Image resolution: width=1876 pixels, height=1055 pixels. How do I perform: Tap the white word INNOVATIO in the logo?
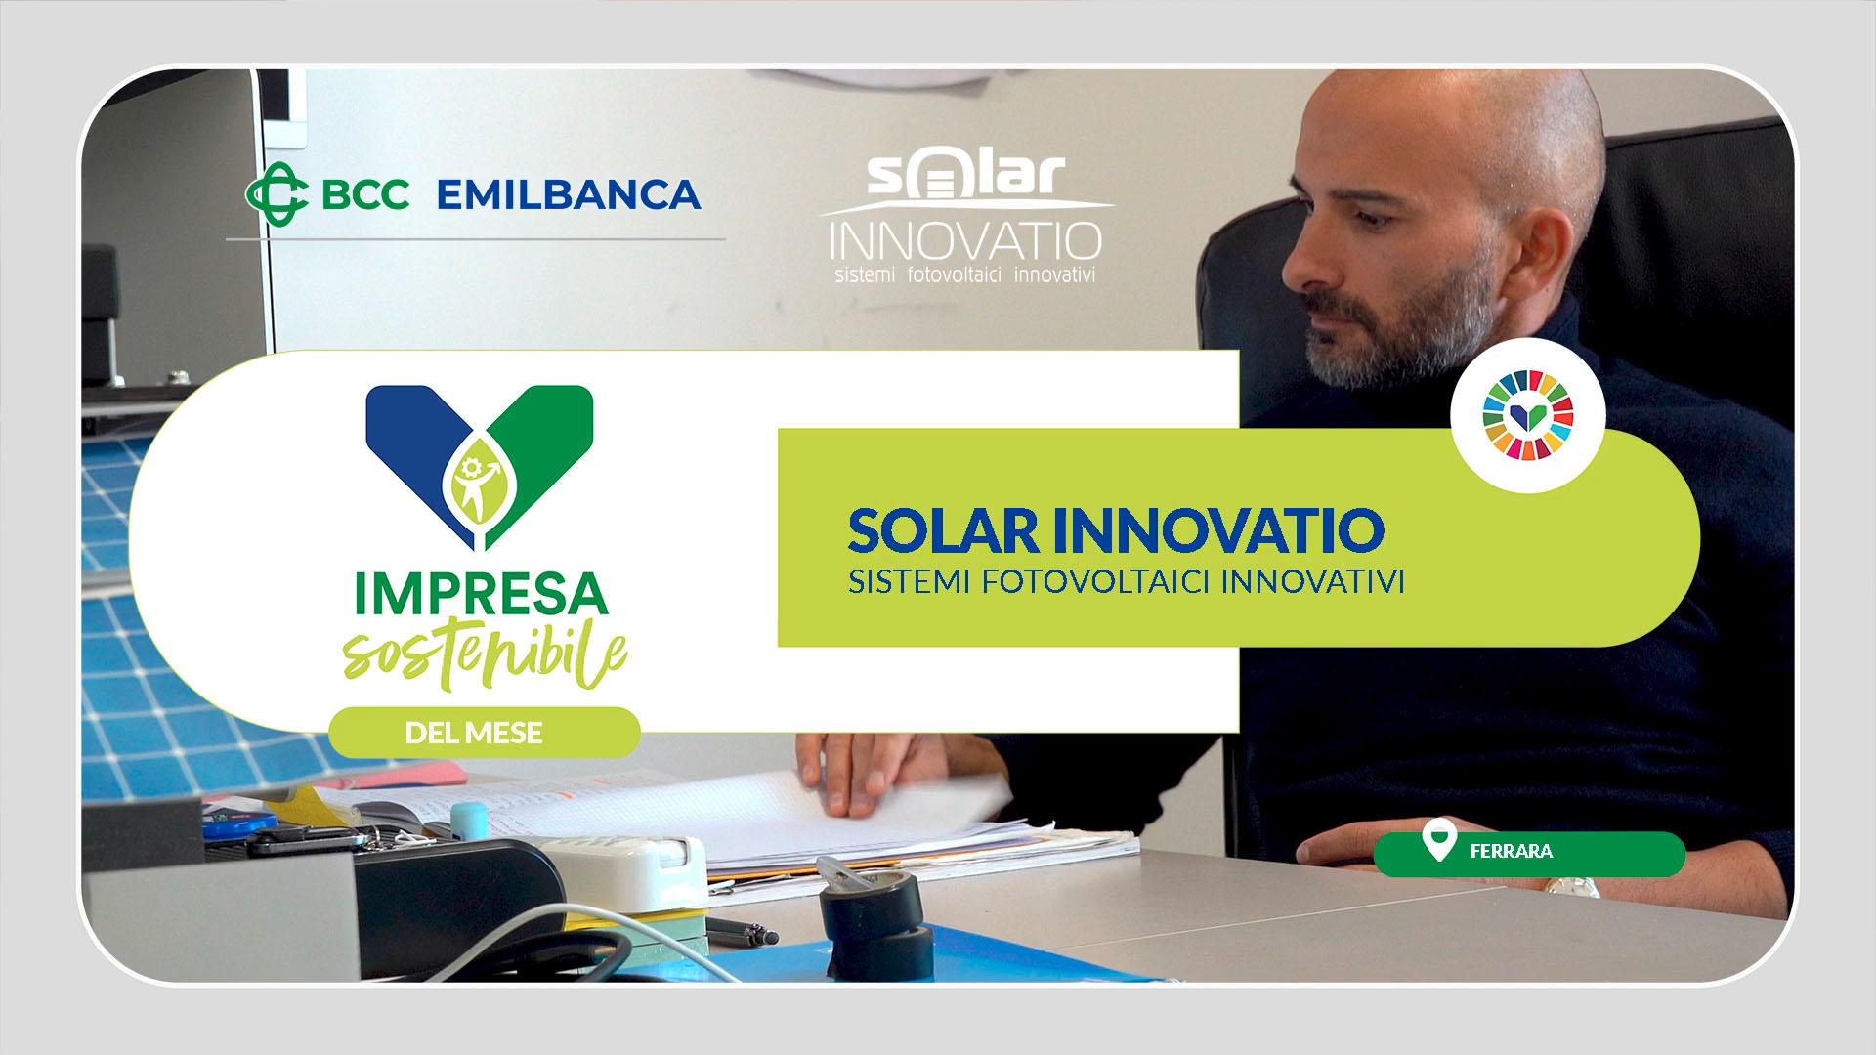pos(964,240)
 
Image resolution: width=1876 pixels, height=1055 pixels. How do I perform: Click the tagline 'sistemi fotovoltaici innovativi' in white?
pos(965,274)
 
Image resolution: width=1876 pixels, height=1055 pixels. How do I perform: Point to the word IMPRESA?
pos(479,595)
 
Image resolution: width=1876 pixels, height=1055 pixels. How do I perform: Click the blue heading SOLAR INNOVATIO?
pos(1116,528)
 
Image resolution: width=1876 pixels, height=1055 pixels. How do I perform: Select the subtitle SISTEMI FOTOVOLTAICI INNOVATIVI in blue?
pos(1127,581)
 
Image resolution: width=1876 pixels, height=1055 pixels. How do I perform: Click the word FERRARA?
pos(1511,851)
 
